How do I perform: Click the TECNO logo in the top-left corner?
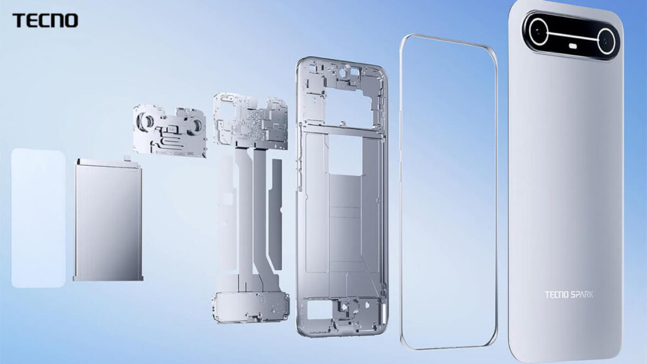(45, 20)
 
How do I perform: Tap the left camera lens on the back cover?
(538, 32)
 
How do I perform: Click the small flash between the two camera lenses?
(575, 45)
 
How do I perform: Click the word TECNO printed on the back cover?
(557, 294)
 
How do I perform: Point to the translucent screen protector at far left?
(38, 218)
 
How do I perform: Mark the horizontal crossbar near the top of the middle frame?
(341, 128)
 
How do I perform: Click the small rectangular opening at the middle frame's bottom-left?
(315, 309)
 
